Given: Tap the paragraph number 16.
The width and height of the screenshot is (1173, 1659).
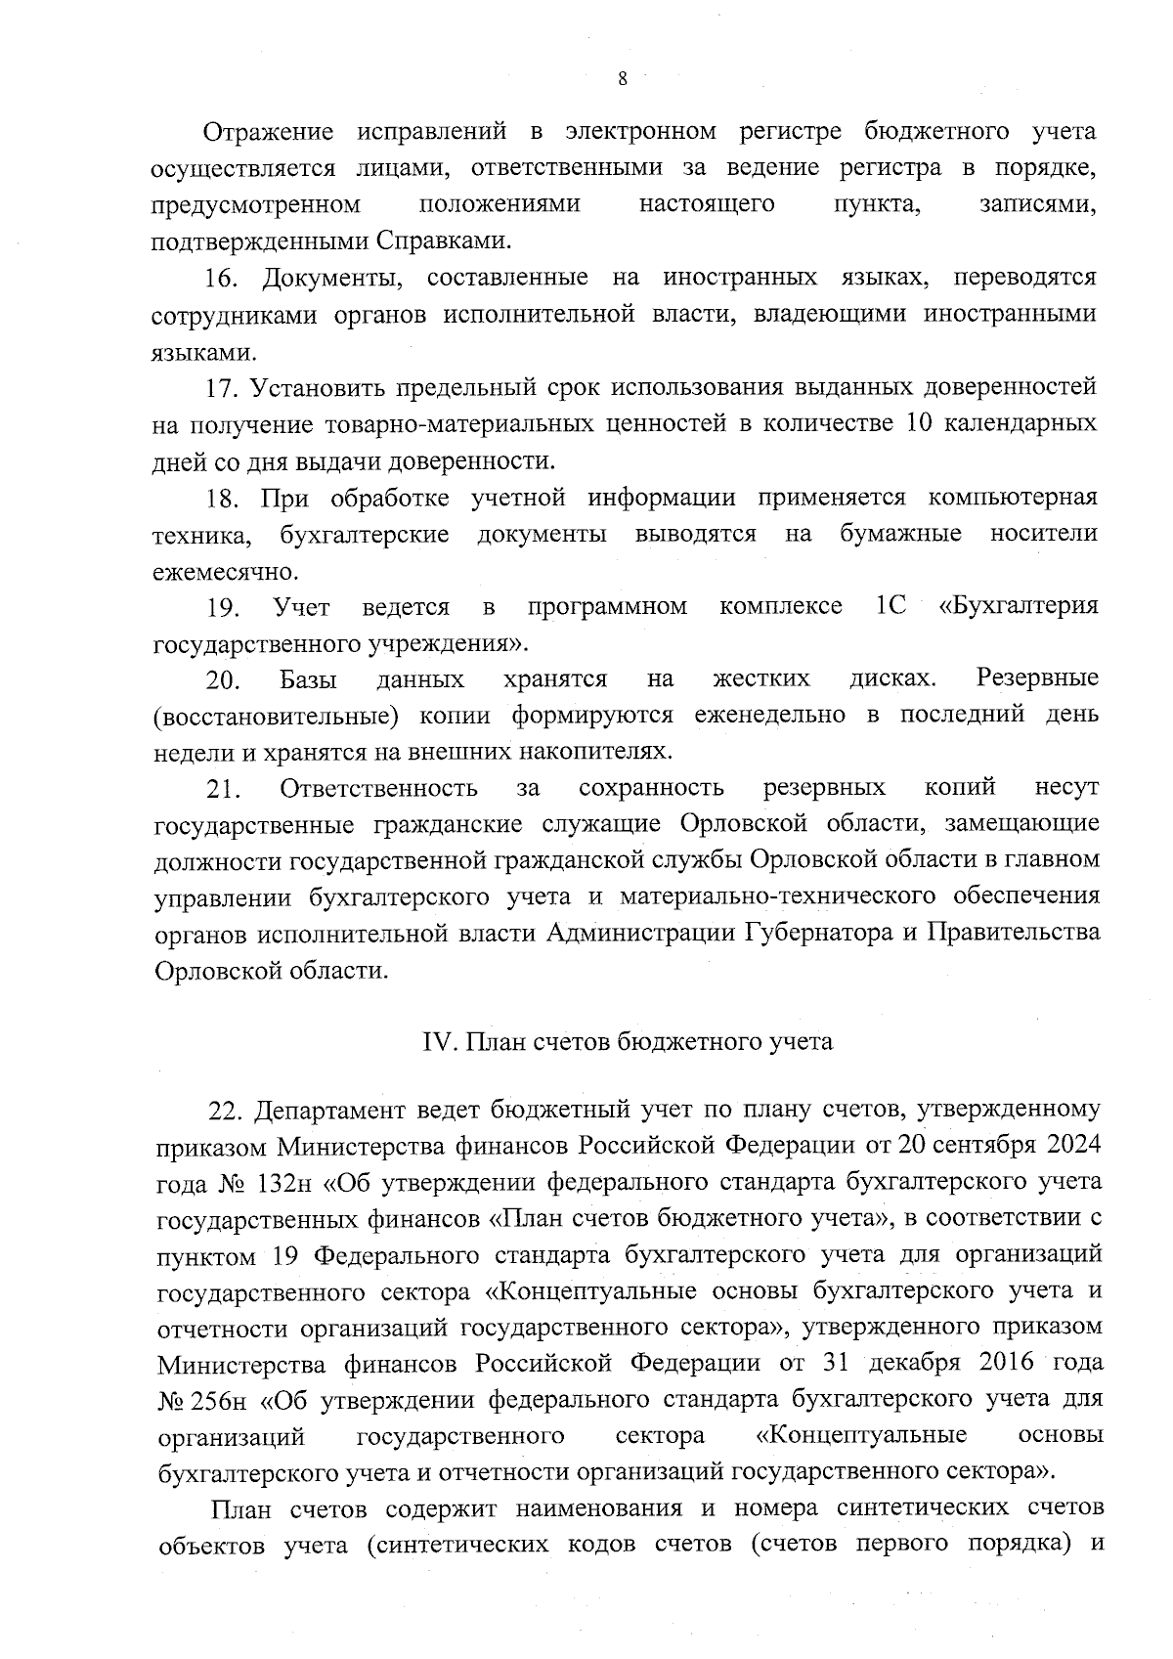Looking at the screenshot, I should click(222, 279).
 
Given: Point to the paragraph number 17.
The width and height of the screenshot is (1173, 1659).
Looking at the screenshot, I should click(222, 388).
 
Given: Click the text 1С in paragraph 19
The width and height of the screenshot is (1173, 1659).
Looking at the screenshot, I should click(891, 607).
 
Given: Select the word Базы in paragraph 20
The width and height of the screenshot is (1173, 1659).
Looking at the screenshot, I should click(308, 679).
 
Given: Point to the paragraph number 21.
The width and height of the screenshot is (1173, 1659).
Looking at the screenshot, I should click(223, 789).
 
